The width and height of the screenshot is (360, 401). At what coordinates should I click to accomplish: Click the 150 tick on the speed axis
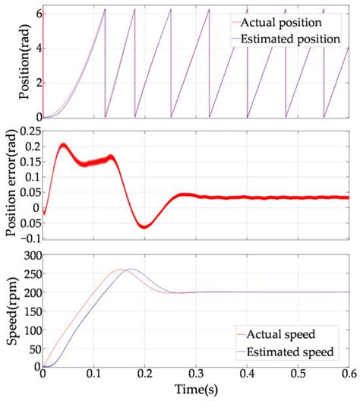click(30, 308)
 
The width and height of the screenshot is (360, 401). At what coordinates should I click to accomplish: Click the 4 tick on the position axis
click(35, 48)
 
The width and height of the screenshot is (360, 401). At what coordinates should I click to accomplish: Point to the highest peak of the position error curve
click(63, 145)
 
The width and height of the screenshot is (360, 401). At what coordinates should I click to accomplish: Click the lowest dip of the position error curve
click(144, 226)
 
